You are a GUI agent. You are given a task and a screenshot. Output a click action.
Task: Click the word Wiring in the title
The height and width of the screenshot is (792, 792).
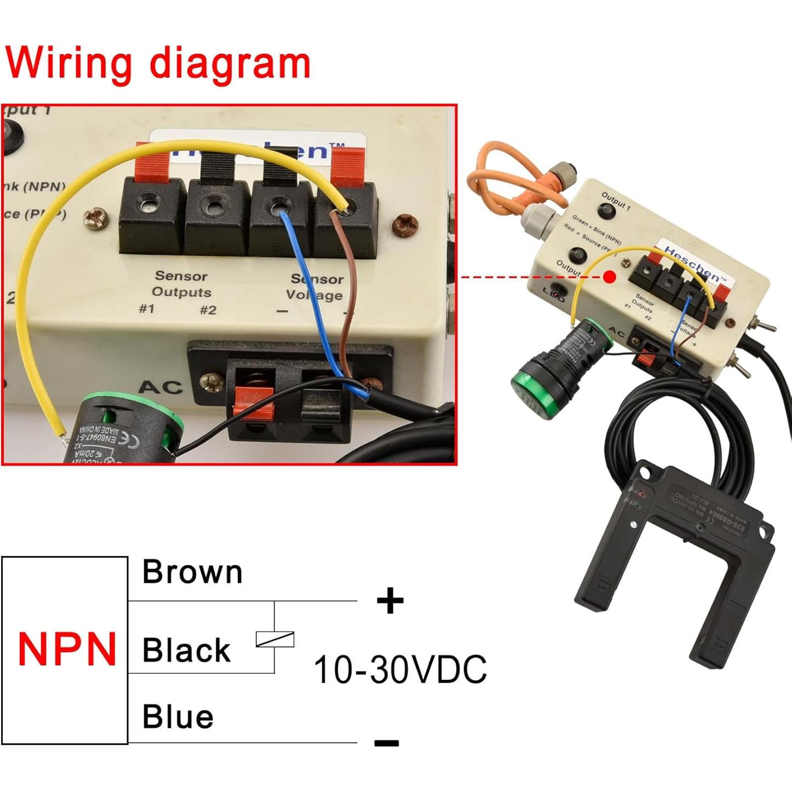[68, 63]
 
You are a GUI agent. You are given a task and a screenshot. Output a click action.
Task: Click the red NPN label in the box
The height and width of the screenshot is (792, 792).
[67, 650]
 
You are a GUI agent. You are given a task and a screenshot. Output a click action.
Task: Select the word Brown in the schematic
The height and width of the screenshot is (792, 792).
[192, 572]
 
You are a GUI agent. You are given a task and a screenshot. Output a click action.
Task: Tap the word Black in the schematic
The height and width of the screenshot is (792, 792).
[186, 651]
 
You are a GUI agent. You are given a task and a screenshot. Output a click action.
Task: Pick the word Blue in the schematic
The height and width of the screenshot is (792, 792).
[178, 717]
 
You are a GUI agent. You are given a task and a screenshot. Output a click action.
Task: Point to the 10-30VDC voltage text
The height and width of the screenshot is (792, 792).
[400, 669]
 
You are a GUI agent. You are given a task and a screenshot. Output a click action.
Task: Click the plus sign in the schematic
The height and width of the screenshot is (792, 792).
[390, 601]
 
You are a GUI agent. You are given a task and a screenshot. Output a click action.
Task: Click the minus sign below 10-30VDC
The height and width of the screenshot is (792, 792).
[387, 743]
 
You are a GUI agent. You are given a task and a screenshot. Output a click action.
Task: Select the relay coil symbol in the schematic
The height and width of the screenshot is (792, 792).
[275, 639]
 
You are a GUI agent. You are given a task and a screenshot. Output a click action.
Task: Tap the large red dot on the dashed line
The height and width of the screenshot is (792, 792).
[610, 277]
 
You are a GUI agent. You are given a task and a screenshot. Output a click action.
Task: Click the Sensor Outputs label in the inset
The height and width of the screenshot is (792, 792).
[181, 284]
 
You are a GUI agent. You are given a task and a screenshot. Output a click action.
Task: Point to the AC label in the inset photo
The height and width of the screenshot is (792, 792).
[160, 387]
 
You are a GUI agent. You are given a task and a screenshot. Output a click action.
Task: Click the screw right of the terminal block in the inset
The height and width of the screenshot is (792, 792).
[405, 224]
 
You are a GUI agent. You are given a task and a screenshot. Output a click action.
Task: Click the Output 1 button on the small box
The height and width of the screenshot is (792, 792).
[606, 211]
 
